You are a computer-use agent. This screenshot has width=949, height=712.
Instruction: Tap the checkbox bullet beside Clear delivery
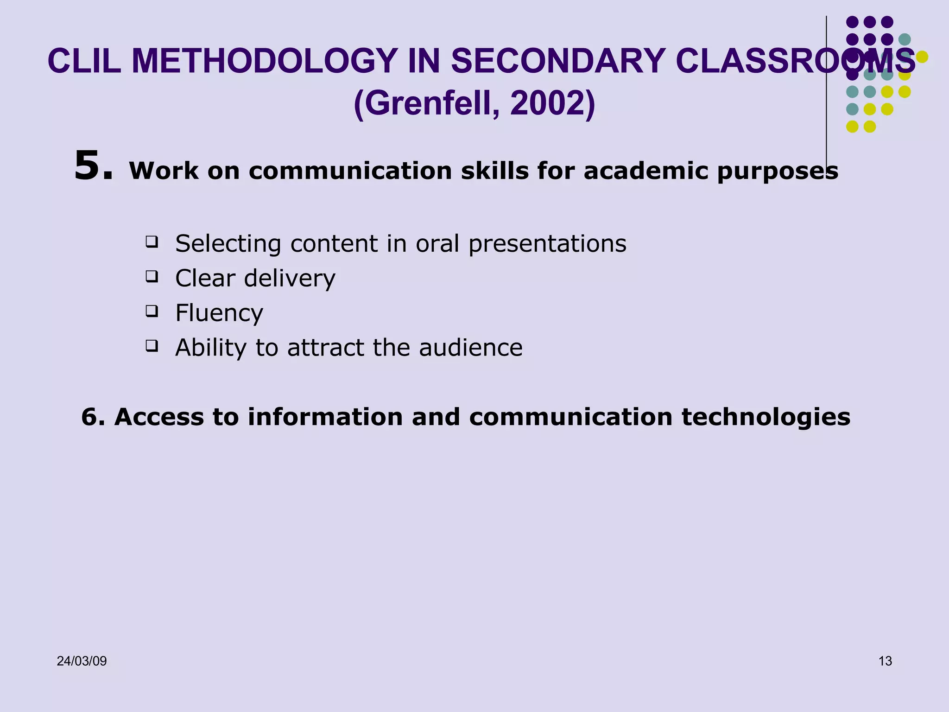point(152,276)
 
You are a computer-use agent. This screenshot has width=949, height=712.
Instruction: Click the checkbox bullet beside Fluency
point(152,311)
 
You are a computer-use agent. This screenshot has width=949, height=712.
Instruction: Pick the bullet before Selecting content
point(152,242)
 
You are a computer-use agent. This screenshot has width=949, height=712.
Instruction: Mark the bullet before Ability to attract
point(152,346)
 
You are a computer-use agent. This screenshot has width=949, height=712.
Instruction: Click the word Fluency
point(219,313)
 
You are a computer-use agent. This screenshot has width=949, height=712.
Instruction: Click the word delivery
point(290,279)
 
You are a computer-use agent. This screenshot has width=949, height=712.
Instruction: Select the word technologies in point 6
point(766,417)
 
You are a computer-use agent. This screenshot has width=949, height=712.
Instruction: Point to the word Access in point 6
point(159,417)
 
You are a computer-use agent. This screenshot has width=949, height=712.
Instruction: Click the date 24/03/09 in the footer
point(82,661)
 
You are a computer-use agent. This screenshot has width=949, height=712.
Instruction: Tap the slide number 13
point(885,661)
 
